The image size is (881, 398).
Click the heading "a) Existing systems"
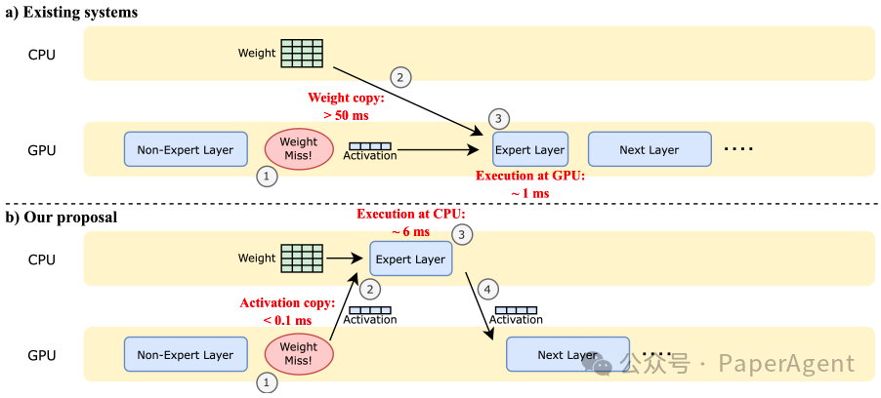pos(71,13)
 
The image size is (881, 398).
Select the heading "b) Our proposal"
pos(62,218)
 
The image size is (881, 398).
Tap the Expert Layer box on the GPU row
pos(530,149)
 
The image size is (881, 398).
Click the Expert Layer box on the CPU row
pos(410,259)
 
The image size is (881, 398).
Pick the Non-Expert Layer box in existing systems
pos(186,149)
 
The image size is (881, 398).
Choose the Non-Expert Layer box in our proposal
pos(186,354)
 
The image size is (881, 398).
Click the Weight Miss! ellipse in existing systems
pos(298,148)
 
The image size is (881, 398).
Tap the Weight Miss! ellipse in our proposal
pos(298,354)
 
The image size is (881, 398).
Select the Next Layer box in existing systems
pos(650,149)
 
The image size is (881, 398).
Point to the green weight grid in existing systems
pos(302,54)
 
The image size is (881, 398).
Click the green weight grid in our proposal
pos(302,259)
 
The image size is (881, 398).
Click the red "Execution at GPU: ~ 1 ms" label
pos(530,184)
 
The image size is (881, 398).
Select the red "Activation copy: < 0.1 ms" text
pos(288,311)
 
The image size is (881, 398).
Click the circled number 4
pos(487,290)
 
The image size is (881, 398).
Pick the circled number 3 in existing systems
pos(498,119)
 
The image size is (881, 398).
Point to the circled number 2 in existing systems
pos(400,78)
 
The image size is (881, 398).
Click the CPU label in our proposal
pos(42,259)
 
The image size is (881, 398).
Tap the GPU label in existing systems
pos(42,150)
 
